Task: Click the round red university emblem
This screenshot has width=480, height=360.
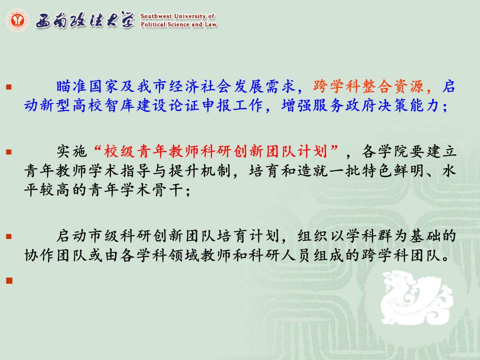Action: (x=17, y=20)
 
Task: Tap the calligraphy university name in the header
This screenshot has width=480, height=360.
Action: (x=85, y=20)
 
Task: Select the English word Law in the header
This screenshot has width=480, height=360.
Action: (x=210, y=24)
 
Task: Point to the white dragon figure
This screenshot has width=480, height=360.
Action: (x=416, y=297)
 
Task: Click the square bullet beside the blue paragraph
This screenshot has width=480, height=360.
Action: (x=9, y=87)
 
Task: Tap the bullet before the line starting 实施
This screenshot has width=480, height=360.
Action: (x=9, y=152)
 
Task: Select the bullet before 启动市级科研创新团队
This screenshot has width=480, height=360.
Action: (x=9, y=236)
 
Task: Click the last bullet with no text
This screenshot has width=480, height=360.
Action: (x=9, y=280)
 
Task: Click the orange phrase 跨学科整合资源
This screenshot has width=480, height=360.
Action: (x=368, y=86)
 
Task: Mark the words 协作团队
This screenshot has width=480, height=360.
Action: (x=55, y=255)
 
